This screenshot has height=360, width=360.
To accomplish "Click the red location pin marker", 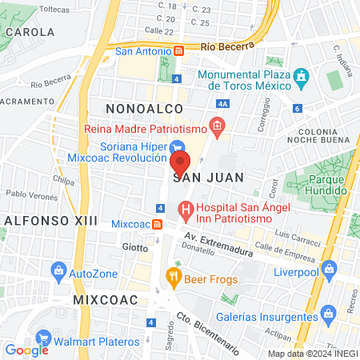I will pyautogui.click(x=180, y=163).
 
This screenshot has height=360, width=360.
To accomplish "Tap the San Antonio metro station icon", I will pyautogui.click(x=179, y=51).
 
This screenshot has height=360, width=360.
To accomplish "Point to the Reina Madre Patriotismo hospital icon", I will pyautogui.click(x=216, y=126).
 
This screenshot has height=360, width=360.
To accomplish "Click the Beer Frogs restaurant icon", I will pyautogui.click(x=172, y=277).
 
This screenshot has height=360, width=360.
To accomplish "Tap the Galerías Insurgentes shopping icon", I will pyautogui.click(x=326, y=312).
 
